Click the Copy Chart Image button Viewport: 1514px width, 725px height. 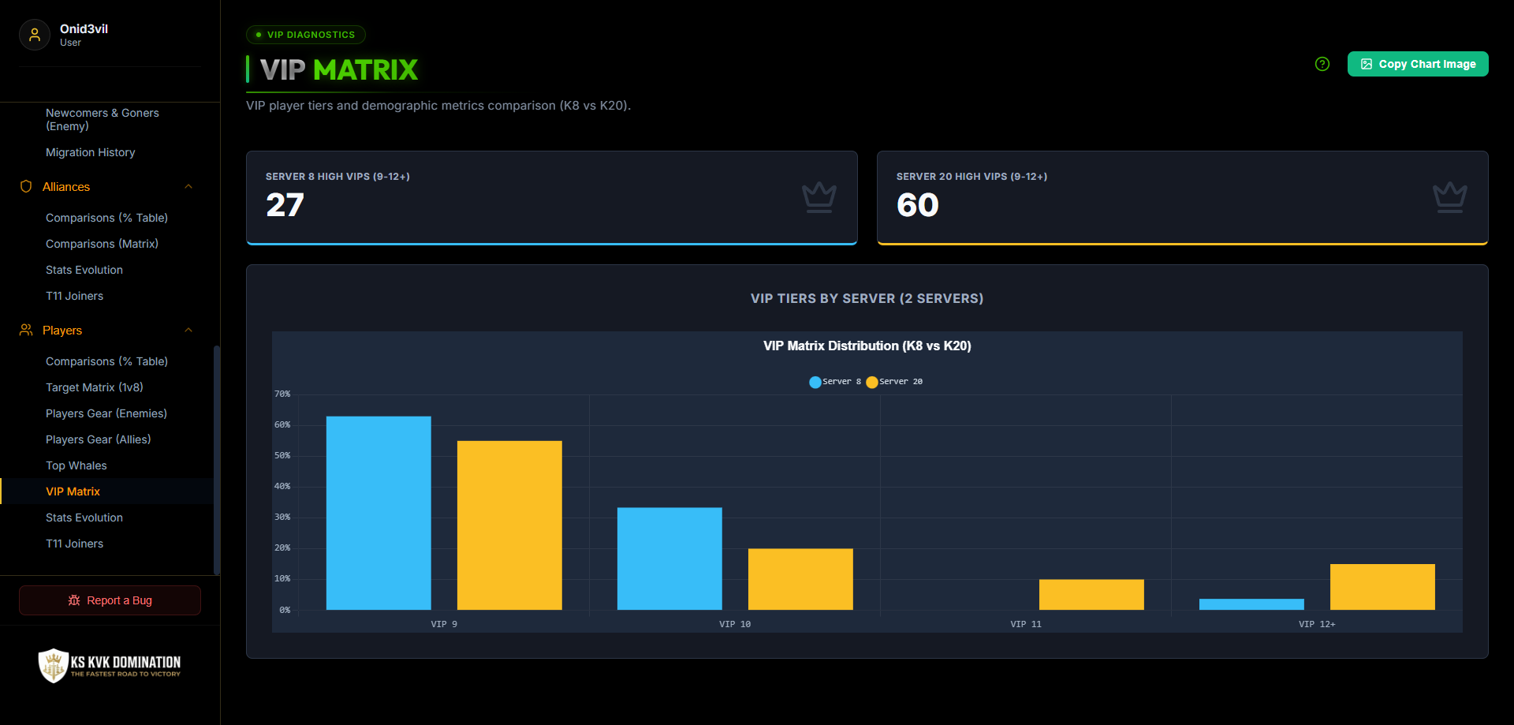[1418, 64]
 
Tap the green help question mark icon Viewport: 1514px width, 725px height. [1322, 64]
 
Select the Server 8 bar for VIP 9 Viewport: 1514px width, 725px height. [378, 513]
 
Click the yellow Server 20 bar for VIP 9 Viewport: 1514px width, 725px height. [509, 525]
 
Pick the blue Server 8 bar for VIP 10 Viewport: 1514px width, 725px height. [669, 559]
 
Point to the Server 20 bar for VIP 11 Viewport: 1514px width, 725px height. [1091, 595]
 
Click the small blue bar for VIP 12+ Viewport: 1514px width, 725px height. [1251, 604]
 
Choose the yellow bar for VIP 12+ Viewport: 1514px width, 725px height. [1382, 587]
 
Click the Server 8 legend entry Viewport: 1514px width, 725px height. [835, 382]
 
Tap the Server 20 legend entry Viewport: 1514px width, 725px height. [894, 382]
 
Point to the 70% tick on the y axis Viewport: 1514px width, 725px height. [282, 394]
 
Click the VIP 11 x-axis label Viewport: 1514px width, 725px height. [1026, 624]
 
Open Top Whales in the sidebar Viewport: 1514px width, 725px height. [76, 465]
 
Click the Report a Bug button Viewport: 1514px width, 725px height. [110, 600]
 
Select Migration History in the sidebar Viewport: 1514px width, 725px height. [91, 152]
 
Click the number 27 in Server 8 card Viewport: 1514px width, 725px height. [285, 205]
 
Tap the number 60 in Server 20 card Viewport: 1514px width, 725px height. [918, 205]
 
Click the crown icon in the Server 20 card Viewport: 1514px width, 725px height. [1449, 197]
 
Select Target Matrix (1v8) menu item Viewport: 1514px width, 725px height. [95, 387]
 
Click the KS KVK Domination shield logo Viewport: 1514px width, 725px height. [54, 665]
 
